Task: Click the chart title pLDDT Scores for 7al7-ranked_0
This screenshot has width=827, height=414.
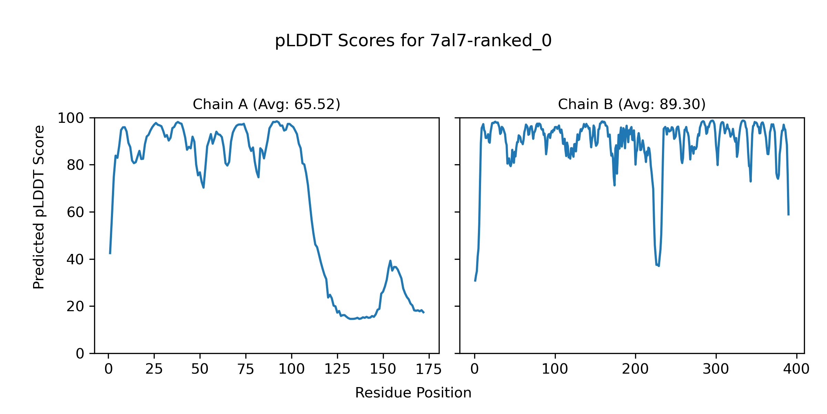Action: click(413, 41)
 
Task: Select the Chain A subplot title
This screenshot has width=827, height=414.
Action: click(266, 104)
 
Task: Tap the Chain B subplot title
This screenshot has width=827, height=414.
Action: click(632, 104)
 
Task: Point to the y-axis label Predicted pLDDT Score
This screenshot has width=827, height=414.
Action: click(39, 207)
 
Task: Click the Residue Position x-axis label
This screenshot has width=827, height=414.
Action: click(413, 393)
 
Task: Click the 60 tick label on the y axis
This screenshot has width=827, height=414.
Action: click(75, 213)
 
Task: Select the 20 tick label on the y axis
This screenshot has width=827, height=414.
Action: click(75, 307)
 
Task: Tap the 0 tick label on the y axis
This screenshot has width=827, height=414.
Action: click(80, 354)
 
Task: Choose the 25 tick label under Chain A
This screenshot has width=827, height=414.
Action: click(154, 369)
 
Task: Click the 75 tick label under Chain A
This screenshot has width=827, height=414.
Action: click(246, 369)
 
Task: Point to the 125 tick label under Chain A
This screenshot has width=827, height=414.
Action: click(337, 369)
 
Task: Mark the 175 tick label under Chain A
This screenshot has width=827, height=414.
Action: click(429, 369)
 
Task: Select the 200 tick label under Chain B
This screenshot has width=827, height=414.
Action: click(635, 369)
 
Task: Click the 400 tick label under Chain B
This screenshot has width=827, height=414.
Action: click(796, 369)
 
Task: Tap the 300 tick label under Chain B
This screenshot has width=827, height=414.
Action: click(716, 369)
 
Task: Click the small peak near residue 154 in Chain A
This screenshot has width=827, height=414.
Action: click(390, 261)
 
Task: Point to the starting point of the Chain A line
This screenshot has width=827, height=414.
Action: click(110, 254)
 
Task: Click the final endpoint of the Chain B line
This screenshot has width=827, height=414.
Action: click(788, 215)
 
